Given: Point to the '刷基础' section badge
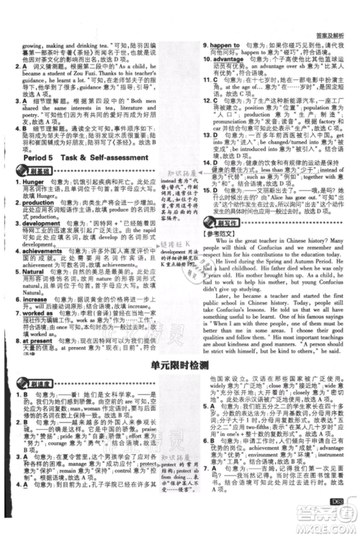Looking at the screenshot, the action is coord(35,170).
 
